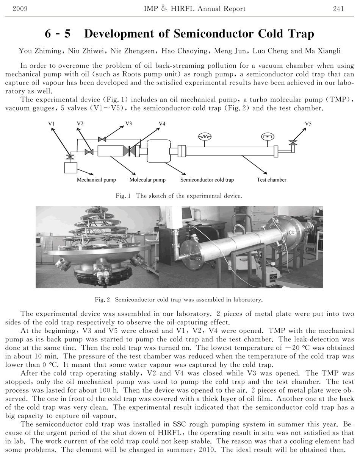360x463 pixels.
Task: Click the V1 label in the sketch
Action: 52,124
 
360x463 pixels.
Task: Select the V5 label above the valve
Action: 308,124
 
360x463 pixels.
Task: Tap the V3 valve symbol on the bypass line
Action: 102,139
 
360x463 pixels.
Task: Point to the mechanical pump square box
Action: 70,167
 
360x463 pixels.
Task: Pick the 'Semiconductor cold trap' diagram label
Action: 207,180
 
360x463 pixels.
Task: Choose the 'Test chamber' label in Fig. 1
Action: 271,180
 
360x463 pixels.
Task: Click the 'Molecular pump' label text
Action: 147,180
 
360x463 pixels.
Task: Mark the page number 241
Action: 338,9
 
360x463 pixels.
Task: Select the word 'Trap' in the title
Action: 300,34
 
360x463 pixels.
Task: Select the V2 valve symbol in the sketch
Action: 89,152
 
